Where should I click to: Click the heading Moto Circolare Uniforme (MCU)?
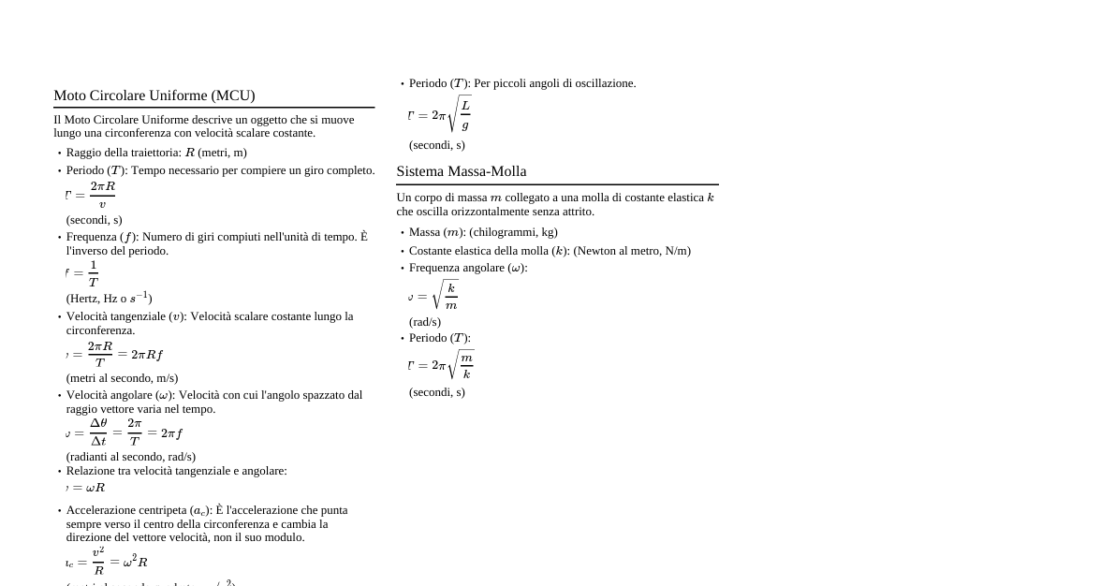click(x=154, y=95)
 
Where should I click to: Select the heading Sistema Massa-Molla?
click(x=462, y=171)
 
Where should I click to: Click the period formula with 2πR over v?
click(x=91, y=195)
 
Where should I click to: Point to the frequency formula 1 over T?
click(x=82, y=273)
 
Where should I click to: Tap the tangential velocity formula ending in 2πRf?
click(x=114, y=354)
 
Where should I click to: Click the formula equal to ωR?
click(x=86, y=488)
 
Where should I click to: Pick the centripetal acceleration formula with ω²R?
click(x=107, y=562)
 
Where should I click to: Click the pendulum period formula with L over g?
click(x=440, y=115)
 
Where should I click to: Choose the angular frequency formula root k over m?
click(x=433, y=297)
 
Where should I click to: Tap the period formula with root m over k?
click(x=441, y=365)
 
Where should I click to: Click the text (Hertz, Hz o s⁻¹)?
click(x=110, y=298)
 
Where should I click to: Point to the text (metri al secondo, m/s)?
click(x=122, y=378)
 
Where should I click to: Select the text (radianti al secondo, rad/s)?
click(x=131, y=457)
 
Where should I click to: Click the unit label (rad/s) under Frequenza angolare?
click(x=425, y=322)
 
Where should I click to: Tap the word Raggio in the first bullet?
click(x=85, y=153)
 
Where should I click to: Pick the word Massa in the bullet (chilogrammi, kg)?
click(x=425, y=232)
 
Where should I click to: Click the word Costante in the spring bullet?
click(x=432, y=251)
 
